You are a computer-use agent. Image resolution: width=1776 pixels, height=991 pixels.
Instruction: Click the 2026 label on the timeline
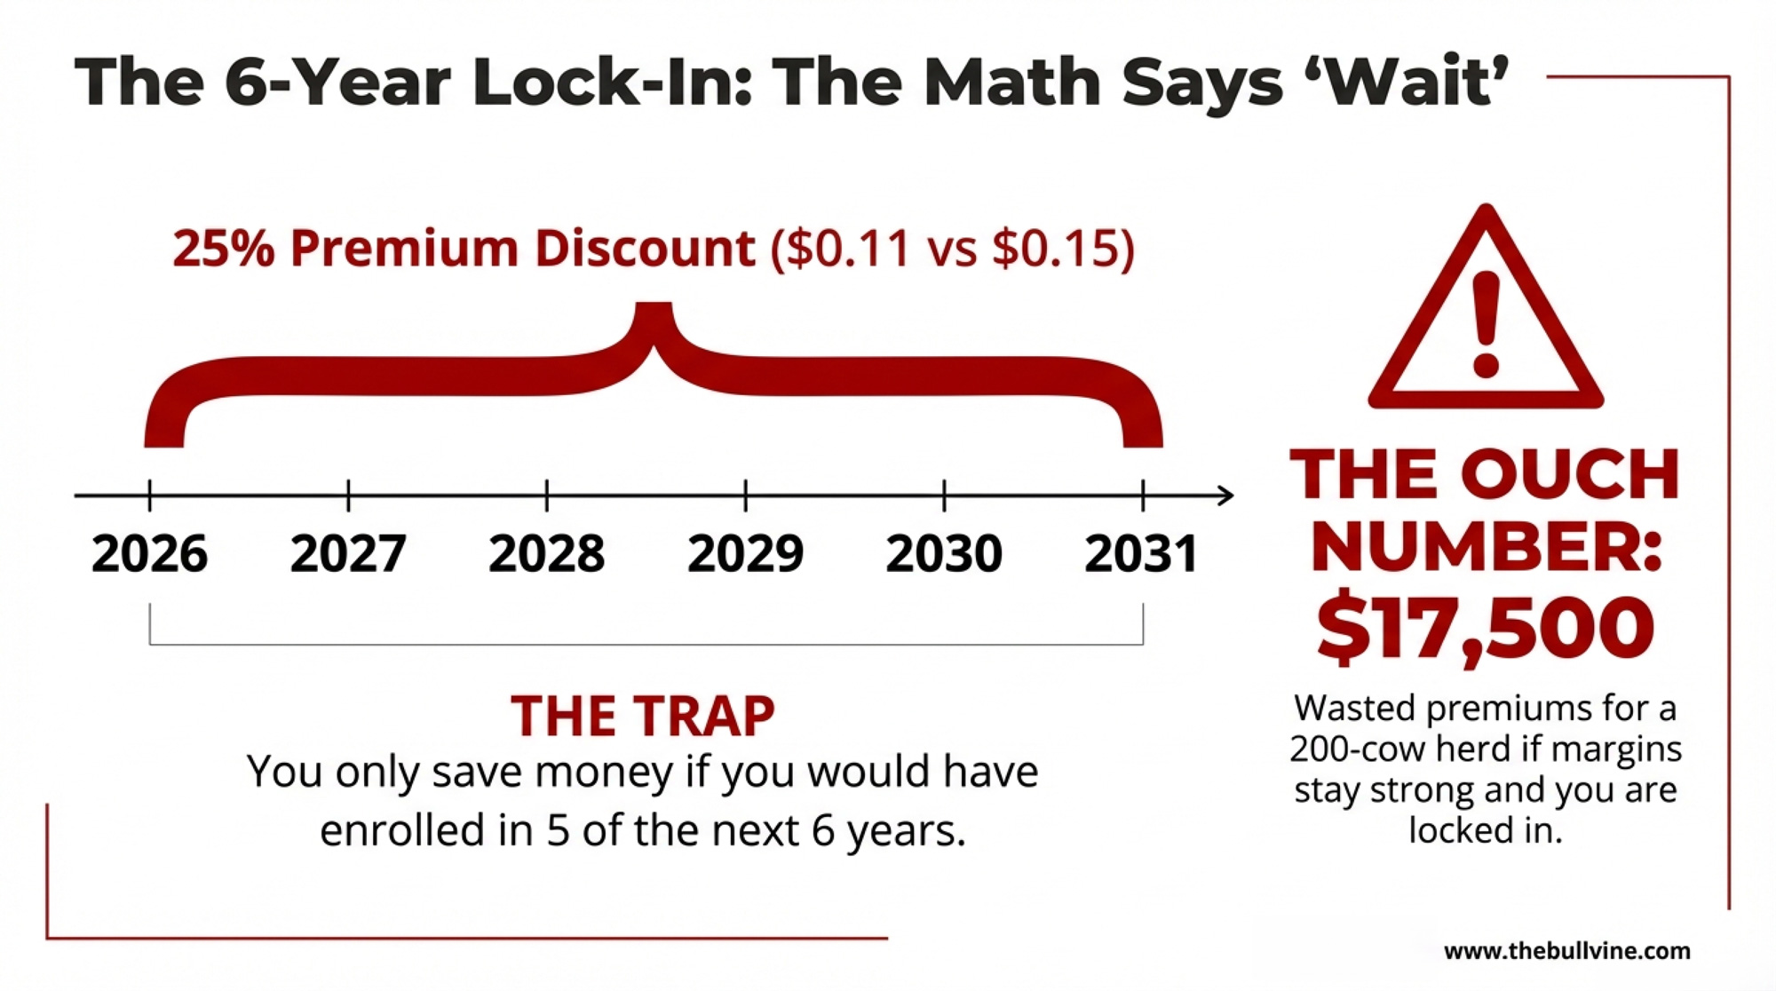(x=149, y=554)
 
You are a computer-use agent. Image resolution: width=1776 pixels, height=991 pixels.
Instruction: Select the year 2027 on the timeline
(x=348, y=554)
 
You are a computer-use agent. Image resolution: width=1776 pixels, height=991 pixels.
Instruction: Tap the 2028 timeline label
(x=546, y=554)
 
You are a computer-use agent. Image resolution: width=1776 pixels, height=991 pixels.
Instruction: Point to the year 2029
(x=745, y=554)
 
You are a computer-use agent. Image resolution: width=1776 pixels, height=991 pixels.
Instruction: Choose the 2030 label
(x=944, y=554)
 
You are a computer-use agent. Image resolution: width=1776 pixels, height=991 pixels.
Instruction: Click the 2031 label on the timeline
(x=1141, y=554)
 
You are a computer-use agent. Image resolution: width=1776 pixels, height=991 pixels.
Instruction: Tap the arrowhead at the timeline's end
(x=1225, y=495)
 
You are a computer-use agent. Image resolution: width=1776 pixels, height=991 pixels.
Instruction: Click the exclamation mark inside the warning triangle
(x=1486, y=324)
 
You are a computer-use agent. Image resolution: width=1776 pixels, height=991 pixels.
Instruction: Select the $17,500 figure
(x=1485, y=628)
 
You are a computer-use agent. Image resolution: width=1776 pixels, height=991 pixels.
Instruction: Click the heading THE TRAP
(x=642, y=717)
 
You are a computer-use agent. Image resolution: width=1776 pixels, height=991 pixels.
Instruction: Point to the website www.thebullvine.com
(x=1567, y=951)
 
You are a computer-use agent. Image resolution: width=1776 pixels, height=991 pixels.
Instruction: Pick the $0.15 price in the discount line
(x=1055, y=248)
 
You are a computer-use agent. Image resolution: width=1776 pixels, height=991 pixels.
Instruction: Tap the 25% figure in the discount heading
(x=224, y=248)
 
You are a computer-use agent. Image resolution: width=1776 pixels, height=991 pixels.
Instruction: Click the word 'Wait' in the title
(x=1412, y=82)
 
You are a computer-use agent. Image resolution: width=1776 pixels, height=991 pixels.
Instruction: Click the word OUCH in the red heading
(x=1570, y=475)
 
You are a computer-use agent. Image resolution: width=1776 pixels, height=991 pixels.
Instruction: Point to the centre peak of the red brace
(x=654, y=320)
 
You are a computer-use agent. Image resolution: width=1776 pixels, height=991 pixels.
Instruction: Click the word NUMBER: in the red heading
(x=1485, y=548)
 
